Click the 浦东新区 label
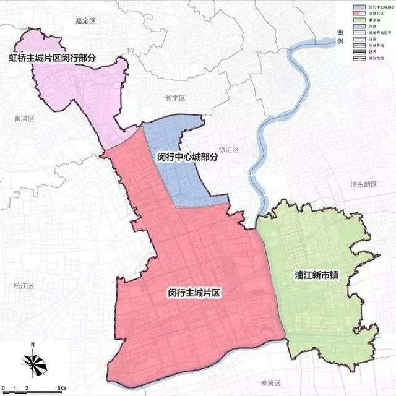[363, 184]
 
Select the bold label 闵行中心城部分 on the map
[188, 157]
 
